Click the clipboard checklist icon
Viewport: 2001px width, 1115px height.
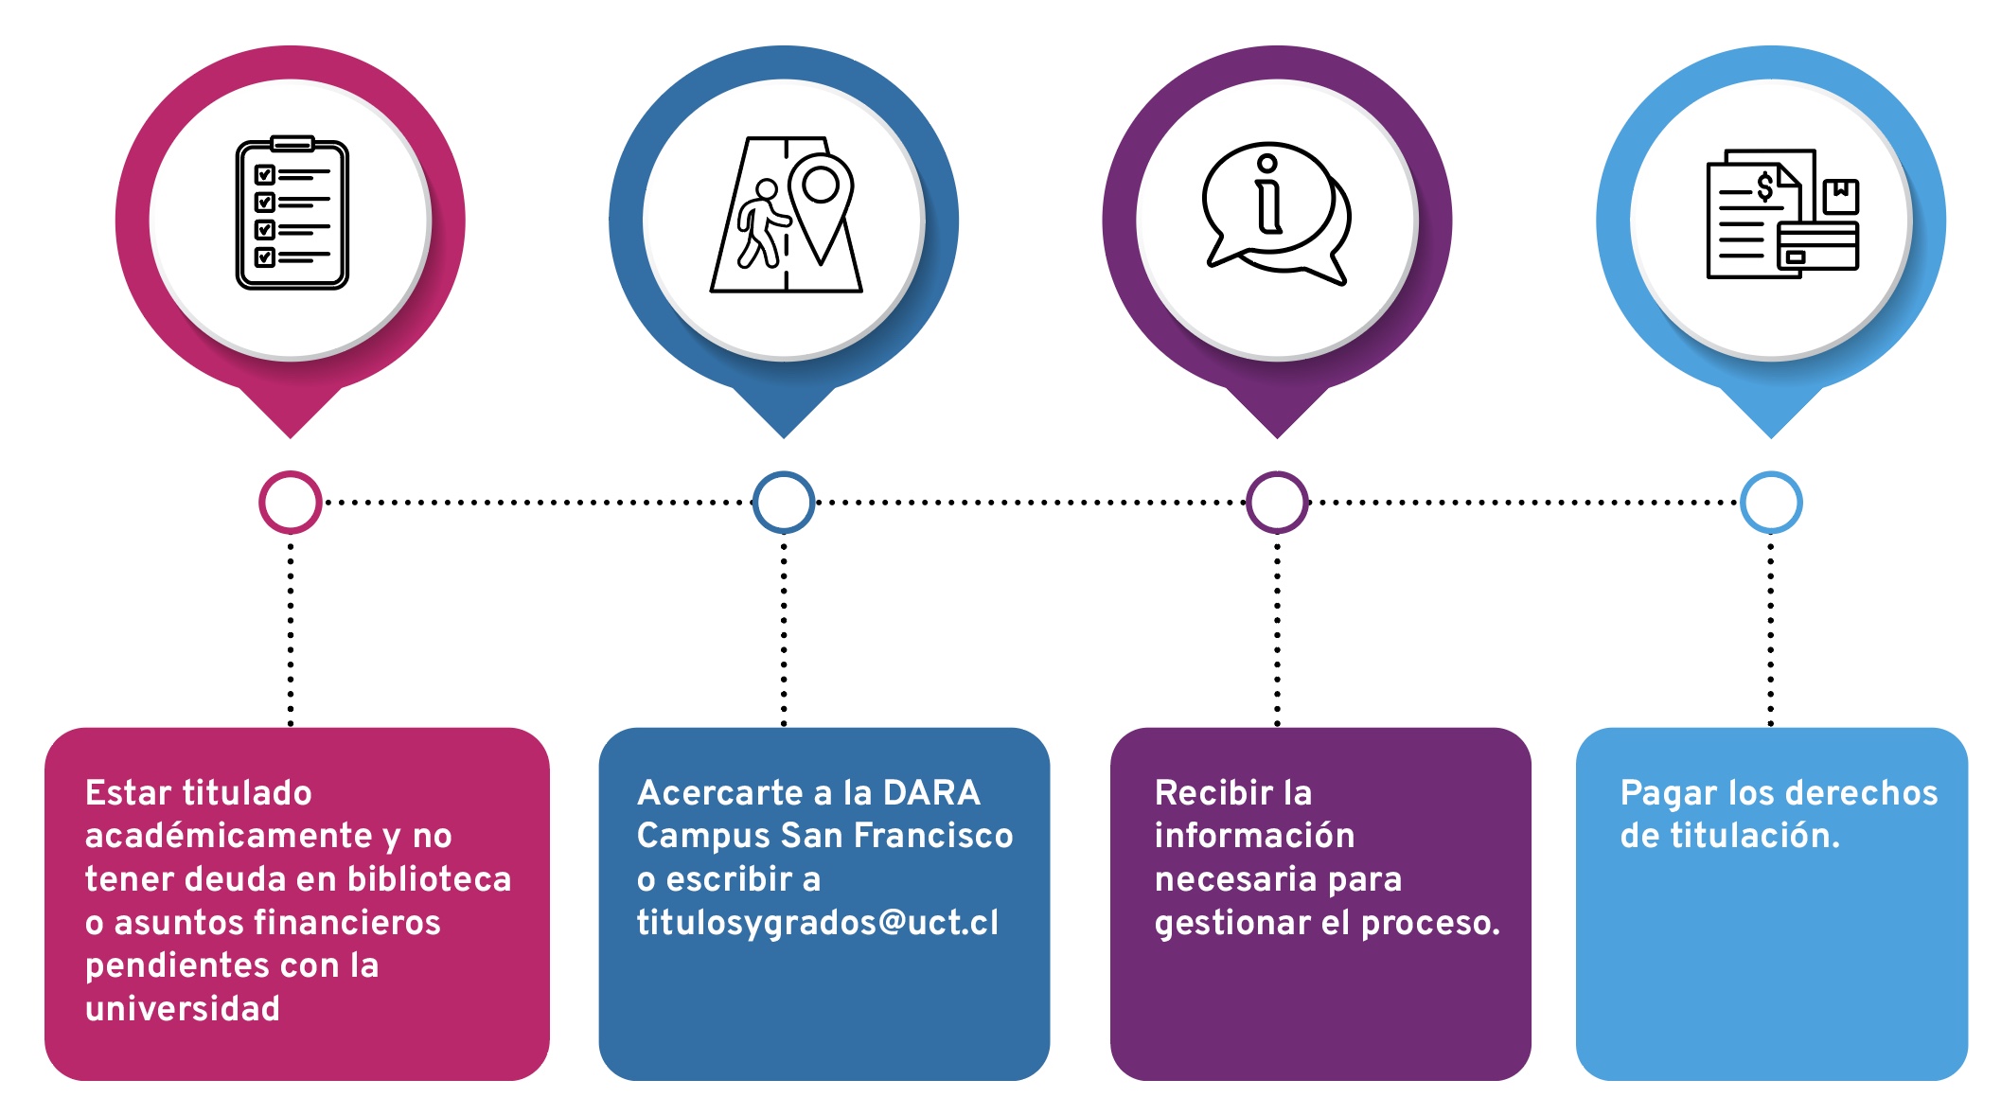tap(292, 213)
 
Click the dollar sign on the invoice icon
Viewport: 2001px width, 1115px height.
tap(1764, 186)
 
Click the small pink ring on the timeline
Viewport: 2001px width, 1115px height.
tap(291, 502)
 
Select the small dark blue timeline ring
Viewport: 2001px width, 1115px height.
tap(784, 502)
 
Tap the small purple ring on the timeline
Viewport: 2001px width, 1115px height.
tap(1277, 502)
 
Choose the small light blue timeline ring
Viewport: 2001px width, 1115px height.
tap(1771, 502)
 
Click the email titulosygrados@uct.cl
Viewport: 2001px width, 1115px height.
tap(817, 922)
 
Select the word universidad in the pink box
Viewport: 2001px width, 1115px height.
tap(183, 1008)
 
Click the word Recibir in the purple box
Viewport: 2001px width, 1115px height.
tap(1201, 792)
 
